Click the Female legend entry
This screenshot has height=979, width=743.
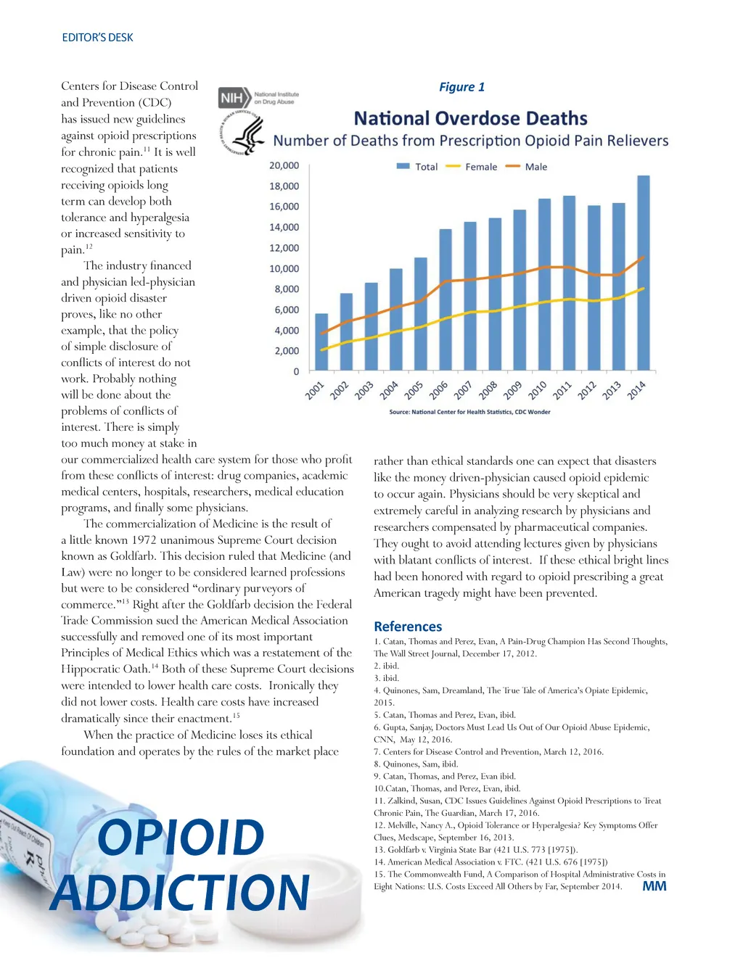[472, 167]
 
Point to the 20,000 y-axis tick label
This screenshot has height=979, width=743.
[284, 165]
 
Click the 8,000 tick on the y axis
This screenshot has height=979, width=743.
[287, 289]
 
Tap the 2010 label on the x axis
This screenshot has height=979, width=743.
[538, 390]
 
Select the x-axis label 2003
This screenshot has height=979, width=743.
[364, 390]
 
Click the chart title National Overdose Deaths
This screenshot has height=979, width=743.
[470, 118]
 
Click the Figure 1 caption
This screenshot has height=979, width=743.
[461, 87]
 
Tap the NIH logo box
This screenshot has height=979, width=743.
[231, 97]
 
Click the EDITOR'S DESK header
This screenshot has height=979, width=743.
[97, 38]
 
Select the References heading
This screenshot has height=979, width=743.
[408, 626]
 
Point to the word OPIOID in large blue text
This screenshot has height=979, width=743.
[181, 838]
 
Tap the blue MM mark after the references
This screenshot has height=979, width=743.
[654, 885]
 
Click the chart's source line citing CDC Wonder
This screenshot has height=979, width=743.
[469, 412]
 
